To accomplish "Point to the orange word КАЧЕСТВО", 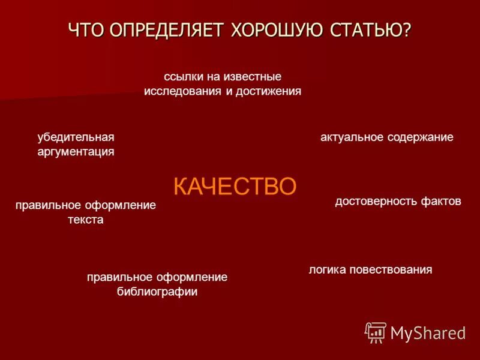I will (x=235, y=186).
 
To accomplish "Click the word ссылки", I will (x=181, y=77).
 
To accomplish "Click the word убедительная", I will (x=76, y=137).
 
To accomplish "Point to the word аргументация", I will (x=76, y=152).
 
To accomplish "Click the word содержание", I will (x=420, y=137).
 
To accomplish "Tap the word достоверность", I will (x=370, y=202).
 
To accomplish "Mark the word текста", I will (x=85, y=220).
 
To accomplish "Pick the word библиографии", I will (x=157, y=292).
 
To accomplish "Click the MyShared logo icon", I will (x=376, y=332).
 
